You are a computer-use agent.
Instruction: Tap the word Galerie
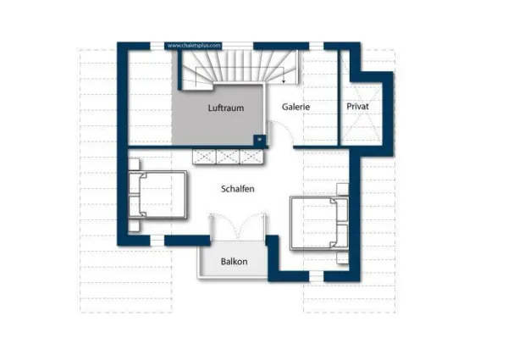click(295, 108)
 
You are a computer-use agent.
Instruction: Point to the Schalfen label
click(238, 189)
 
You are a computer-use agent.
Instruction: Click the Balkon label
click(234, 262)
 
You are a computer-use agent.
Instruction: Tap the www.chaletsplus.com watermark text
click(194, 45)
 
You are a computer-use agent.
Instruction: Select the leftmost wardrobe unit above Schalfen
click(204, 157)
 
